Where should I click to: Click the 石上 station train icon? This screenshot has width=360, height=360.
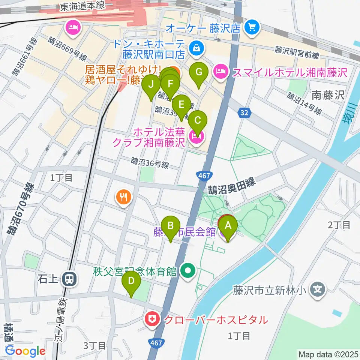(69, 279)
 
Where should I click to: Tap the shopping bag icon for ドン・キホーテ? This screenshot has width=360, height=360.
(196, 47)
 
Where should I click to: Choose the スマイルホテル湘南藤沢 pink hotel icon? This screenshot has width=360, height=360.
(221, 72)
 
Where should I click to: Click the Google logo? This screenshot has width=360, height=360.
(25, 351)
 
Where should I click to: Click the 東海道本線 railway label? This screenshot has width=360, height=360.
(84, 6)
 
